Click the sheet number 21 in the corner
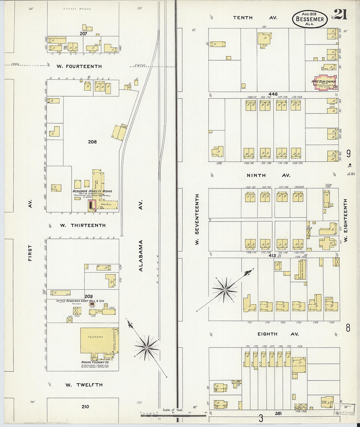341,15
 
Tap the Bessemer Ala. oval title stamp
310,19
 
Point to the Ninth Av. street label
268,175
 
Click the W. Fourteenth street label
79,66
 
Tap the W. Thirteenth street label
83,225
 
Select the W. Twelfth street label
84,385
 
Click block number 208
92,142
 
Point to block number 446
273,94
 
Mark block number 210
85,407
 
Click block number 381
278,413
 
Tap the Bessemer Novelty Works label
92,191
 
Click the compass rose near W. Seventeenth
225,290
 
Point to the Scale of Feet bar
173,415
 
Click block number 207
83,34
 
